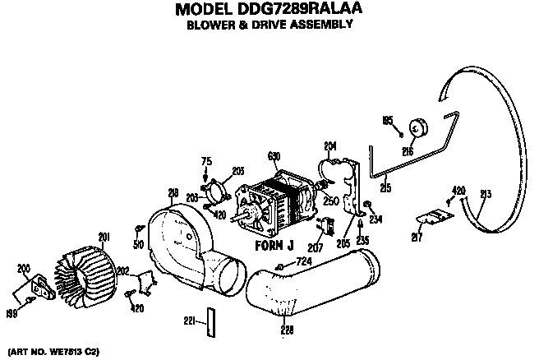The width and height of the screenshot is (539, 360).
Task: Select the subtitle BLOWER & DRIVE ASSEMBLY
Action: click(x=269, y=24)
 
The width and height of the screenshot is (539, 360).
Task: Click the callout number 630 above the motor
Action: click(x=274, y=155)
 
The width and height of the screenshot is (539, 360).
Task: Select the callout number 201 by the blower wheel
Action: click(x=104, y=237)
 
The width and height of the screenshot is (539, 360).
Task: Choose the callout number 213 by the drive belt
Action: click(x=486, y=195)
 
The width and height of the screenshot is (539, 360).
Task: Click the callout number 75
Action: click(x=207, y=161)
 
